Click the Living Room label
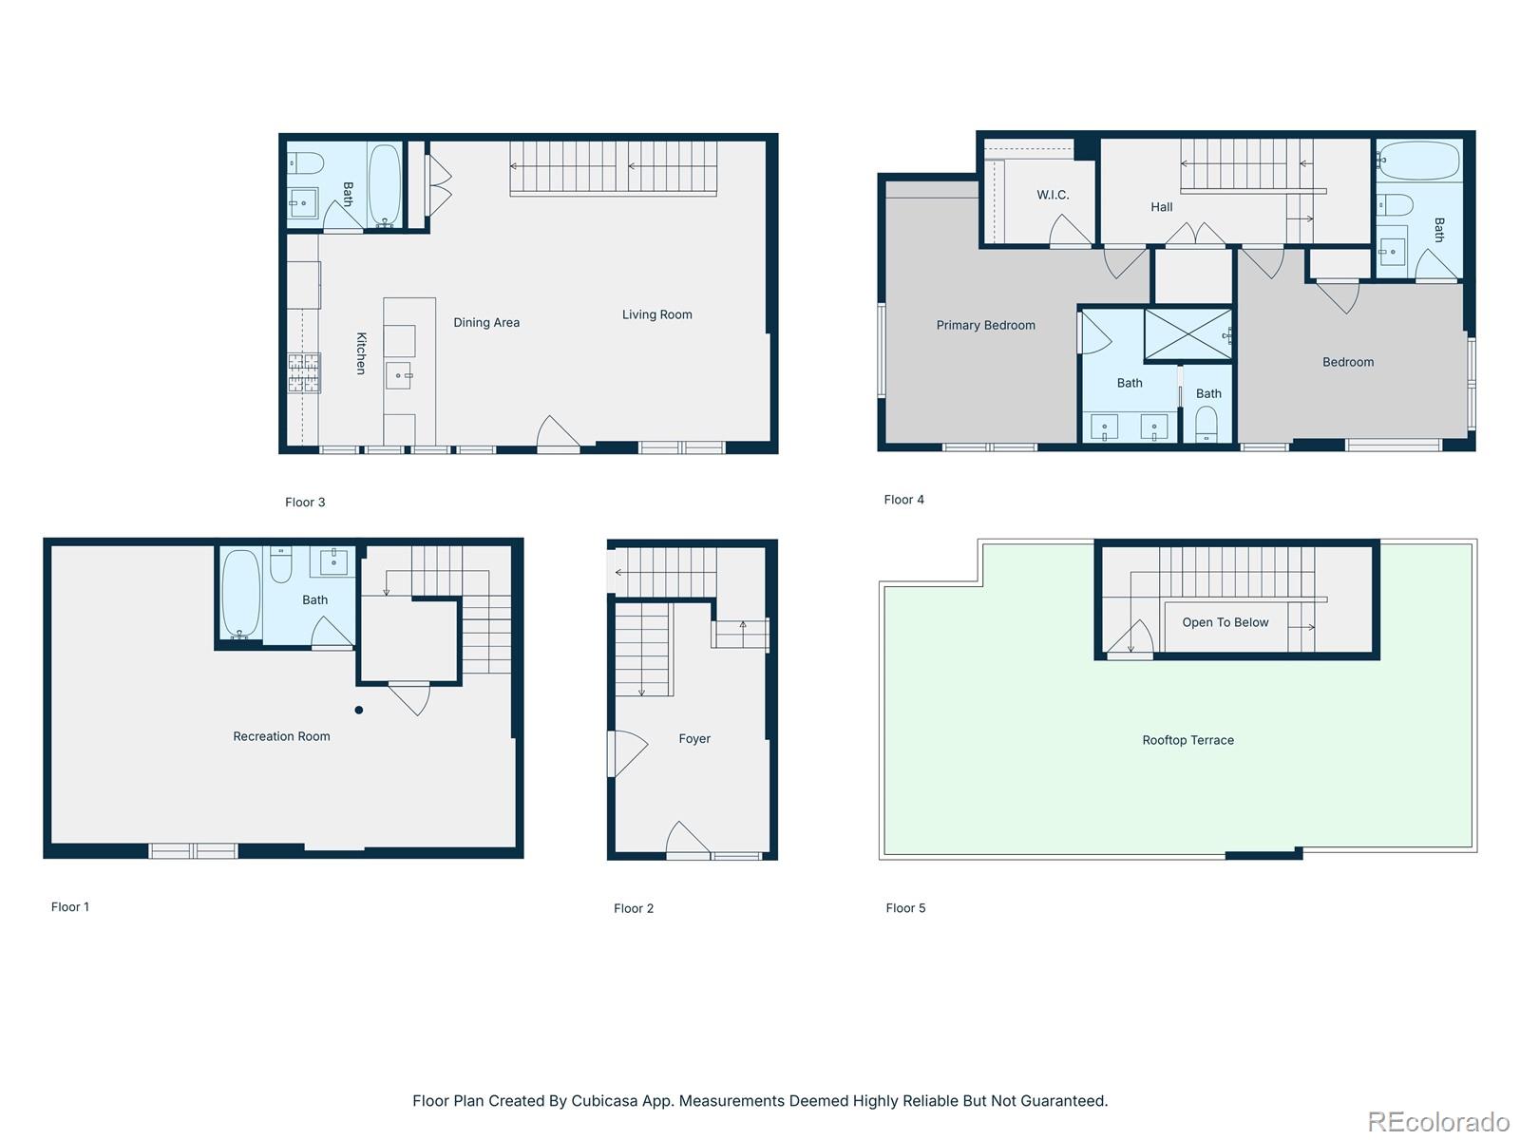(656, 314)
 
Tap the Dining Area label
(486, 323)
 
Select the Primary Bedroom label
(985, 325)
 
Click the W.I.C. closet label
(1053, 195)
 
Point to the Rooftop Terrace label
(1187, 740)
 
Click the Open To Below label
(1225, 622)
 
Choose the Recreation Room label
(281, 736)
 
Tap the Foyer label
(694, 738)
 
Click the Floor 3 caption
(305, 503)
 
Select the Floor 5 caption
(905, 908)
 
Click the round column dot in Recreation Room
(359, 710)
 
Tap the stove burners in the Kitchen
(304, 372)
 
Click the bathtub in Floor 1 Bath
(240, 594)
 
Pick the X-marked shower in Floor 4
(1187, 334)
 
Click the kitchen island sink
(400, 376)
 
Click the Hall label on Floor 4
(1161, 207)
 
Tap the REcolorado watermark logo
(1437, 1122)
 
